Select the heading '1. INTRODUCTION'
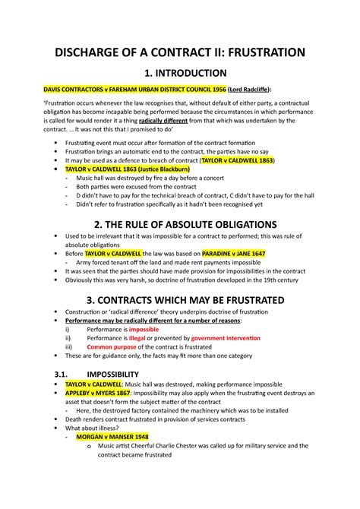(180, 74)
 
